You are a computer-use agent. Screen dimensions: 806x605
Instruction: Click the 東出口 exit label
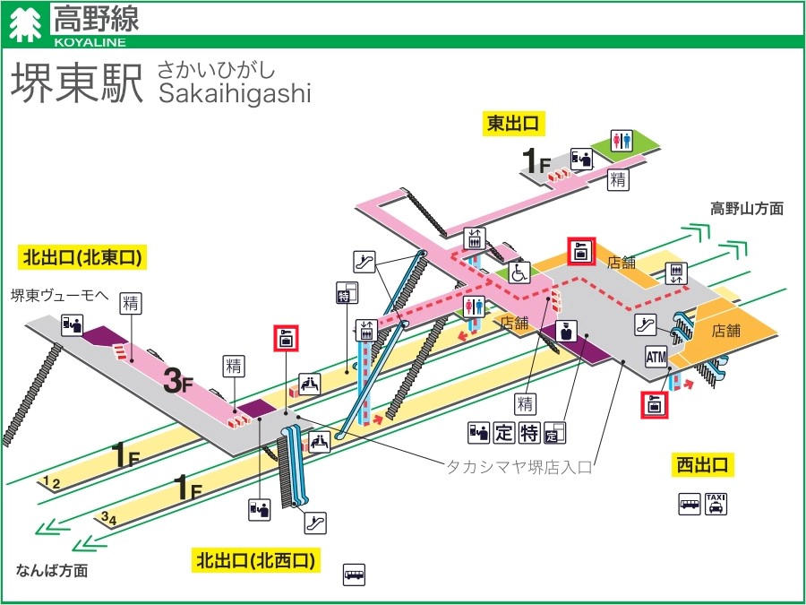tap(516, 124)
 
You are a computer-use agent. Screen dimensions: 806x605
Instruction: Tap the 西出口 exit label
tap(703, 464)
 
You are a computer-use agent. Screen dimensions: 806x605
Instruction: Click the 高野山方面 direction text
tap(747, 209)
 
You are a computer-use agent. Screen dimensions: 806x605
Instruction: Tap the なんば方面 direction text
tap(52, 570)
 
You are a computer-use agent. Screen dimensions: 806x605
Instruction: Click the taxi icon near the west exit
tap(716, 504)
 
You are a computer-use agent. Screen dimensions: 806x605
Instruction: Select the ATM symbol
tap(656, 358)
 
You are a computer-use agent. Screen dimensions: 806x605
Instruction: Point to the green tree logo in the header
tap(24, 25)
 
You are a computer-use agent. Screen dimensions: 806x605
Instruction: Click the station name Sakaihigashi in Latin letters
tap(234, 94)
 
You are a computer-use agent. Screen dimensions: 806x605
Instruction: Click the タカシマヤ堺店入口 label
tap(519, 466)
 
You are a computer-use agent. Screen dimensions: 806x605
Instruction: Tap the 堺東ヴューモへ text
tap(58, 295)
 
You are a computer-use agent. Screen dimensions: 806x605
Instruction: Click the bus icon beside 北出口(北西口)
tap(355, 574)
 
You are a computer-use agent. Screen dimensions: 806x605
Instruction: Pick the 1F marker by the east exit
tap(536, 161)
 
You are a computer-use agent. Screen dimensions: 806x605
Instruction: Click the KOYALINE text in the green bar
tap(90, 41)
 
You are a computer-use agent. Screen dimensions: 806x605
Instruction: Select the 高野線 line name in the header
tap(96, 17)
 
